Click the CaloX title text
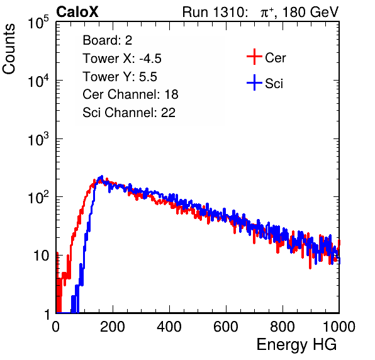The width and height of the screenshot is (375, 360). pos(77,12)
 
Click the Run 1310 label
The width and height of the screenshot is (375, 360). pos(213,12)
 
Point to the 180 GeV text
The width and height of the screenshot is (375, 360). pos(311,12)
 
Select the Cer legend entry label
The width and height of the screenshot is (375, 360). pos(275,58)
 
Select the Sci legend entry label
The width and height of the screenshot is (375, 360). pos(274,84)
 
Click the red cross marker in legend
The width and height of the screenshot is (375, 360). pos(254,57)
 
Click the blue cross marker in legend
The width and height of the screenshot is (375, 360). pos(254,82)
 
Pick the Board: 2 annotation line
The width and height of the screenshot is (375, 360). pos(107,40)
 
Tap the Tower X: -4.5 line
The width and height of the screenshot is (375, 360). pos(122,59)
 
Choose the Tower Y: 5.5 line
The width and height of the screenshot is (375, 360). pos(120,77)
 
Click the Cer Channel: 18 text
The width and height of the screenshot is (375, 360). pos(130,94)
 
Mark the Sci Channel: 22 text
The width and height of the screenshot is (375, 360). pos(129,113)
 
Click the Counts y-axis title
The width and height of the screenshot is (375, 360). pos(9,49)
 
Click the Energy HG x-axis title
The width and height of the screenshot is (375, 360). pos(296,345)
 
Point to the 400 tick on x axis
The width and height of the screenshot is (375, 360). pos(169,327)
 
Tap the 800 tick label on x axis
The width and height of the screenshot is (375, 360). pos(283,327)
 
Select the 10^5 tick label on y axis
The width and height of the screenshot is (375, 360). pos(38,23)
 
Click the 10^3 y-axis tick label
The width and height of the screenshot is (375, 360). pos(38,139)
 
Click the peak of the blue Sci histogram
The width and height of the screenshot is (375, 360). pos(102,176)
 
